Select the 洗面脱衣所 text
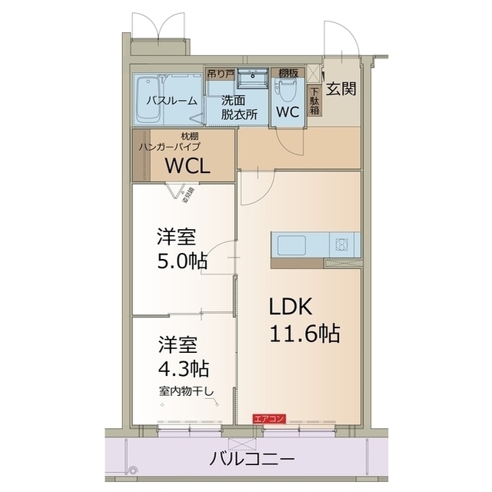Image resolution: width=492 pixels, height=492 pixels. tap(235, 106)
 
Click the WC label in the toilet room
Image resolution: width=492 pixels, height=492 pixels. tap(288, 111)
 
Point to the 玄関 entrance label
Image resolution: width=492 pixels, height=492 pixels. tap(340, 89)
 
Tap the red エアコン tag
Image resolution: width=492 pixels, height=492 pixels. tap(269, 418)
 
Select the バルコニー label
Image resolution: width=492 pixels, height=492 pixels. tap(252, 460)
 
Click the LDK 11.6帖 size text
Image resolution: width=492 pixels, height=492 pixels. tap(304, 334)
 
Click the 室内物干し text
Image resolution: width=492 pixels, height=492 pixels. tap(187, 390)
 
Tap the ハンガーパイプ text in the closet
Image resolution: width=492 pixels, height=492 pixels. tap(169, 146)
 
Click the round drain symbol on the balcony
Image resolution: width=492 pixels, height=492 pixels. tap(132, 470)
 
